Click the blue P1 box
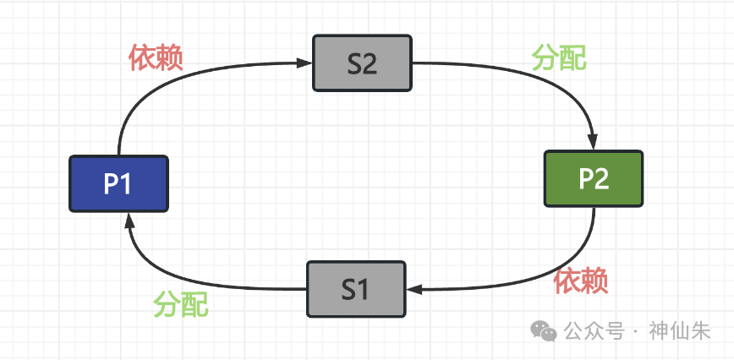coord(118,183)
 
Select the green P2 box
coord(594,178)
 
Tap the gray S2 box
coord(362,63)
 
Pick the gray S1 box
coord(355,289)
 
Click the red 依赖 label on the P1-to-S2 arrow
coord(156,57)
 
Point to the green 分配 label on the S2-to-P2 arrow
coord(559,57)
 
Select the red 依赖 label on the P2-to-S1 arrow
coord(581,281)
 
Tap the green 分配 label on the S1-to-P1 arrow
coord(180,303)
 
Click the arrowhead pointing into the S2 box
coord(306,62)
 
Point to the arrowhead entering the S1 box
coord(414,290)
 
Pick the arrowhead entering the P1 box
coord(127,220)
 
